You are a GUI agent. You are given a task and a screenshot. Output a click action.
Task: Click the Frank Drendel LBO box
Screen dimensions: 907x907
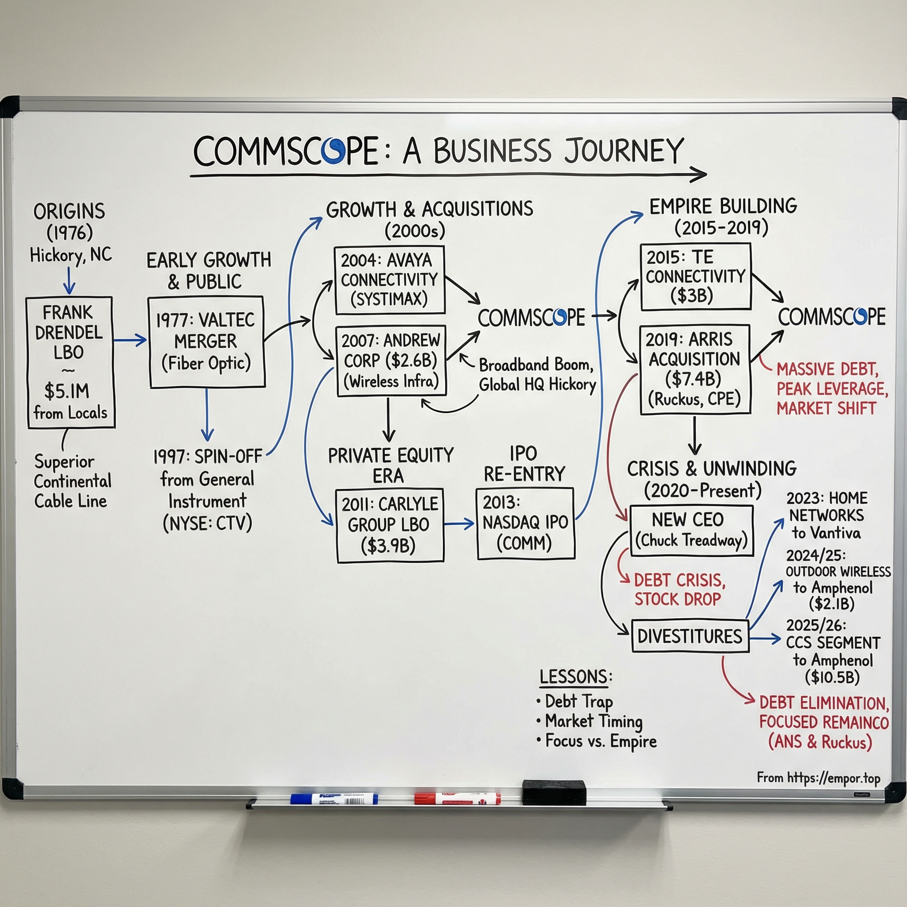(x=70, y=361)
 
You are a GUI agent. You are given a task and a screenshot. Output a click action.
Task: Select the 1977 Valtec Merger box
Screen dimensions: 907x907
(x=206, y=342)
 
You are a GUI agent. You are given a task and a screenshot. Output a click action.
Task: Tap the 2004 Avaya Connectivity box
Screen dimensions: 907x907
(x=390, y=280)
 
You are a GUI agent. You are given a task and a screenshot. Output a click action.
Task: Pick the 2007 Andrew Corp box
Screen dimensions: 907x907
(x=391, y=360)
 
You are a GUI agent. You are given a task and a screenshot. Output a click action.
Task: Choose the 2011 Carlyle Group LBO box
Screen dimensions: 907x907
(x=390, y=525)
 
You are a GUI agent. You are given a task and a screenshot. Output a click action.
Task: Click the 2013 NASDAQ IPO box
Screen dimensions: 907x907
(x=525, y=523)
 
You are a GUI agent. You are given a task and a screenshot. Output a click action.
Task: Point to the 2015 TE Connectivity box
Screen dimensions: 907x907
(x=695, y=276)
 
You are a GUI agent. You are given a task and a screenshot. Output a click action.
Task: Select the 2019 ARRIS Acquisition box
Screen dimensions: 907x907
(x=695, y=369)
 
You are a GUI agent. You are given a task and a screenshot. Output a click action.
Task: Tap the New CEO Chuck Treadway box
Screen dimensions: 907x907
(x=691, y=531)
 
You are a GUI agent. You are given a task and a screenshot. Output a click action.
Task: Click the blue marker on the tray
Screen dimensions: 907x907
(x=334, y=798)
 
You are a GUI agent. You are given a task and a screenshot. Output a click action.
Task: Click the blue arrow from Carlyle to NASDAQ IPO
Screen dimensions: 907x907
(x=459, y=523)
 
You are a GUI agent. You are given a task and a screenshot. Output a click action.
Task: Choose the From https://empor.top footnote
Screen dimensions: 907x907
(x=818, y=778)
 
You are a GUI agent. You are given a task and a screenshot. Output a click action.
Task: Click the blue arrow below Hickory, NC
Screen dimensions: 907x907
(x=70, y=280)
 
